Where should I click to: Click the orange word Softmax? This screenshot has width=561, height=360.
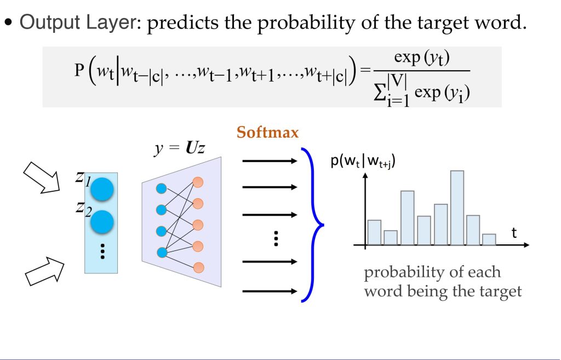point(267,133)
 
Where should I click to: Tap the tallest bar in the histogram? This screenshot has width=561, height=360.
point(457,208)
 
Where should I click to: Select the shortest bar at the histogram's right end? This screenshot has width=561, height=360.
point(489,239)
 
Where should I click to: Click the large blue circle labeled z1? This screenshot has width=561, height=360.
point(102,189)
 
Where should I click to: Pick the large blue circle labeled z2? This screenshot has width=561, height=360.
point(102,222)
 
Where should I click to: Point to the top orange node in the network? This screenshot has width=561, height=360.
point(198,182)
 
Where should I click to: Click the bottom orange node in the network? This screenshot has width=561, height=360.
point(198,267)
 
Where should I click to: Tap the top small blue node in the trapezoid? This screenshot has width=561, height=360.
point(162,188)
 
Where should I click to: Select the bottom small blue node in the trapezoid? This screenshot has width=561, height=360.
point(162,253)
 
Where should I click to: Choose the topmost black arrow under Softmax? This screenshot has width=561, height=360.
point(270,161)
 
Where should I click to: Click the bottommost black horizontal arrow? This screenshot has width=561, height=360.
point(270,292)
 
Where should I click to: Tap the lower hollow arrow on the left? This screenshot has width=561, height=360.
point(45,271)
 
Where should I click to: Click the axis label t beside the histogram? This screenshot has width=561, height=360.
point(514,233)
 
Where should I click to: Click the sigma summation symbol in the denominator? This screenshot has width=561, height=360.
point(379,93)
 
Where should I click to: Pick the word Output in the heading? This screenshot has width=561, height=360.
point(50,22)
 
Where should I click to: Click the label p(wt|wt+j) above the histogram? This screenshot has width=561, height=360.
point(363,162)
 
